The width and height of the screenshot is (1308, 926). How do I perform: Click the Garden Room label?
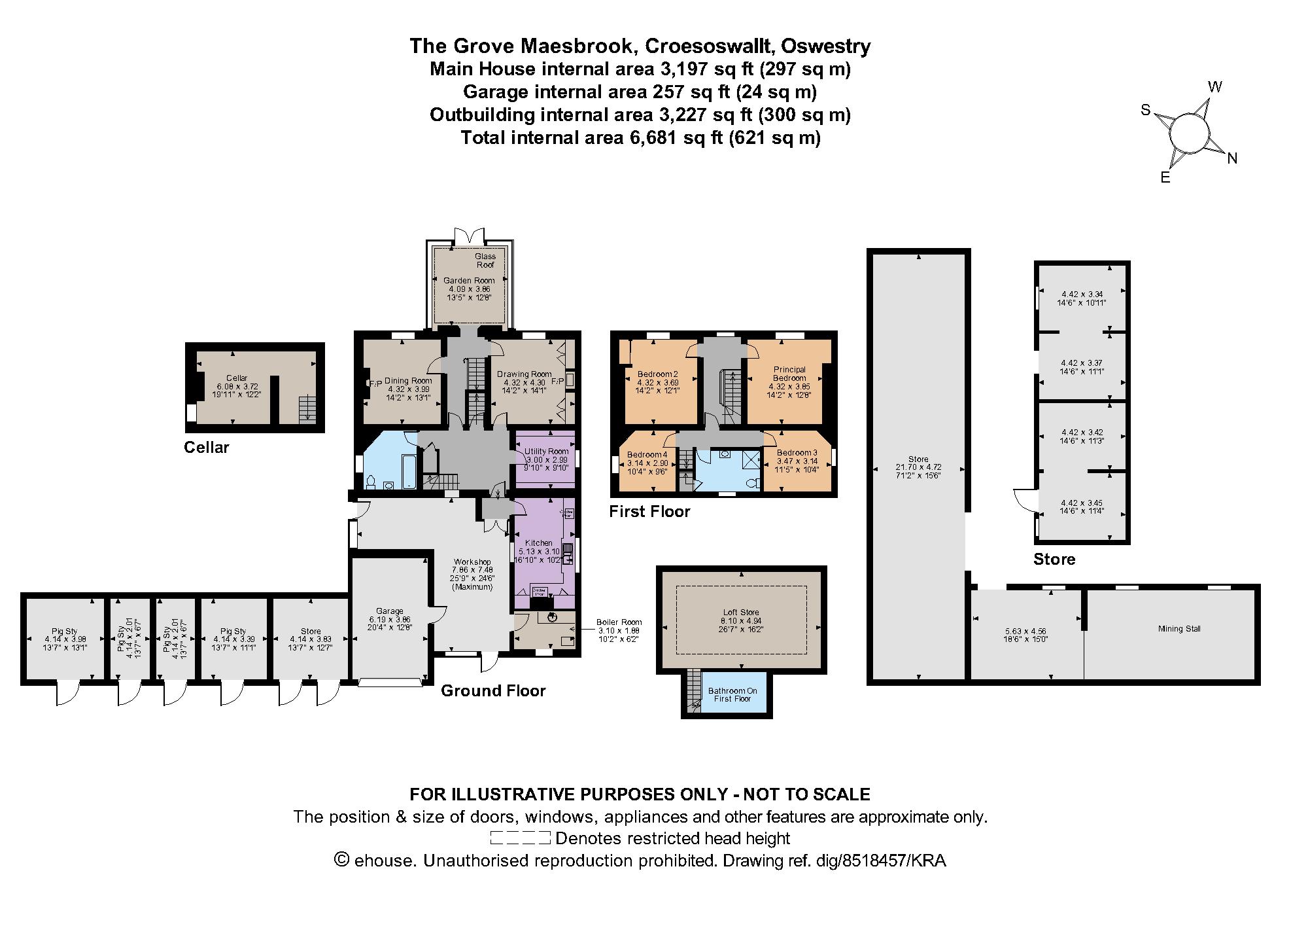469,280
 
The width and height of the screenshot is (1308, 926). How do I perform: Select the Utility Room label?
546,452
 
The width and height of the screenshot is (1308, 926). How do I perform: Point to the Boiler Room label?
619,622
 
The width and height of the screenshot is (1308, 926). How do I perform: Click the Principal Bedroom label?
789,373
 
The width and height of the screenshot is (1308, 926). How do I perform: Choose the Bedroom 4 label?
647,455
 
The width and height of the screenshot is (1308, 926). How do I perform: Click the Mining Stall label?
1179,629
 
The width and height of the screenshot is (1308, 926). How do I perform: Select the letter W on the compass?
1214,87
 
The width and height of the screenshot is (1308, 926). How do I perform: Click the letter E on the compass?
1165,177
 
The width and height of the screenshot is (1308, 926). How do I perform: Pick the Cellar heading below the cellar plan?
207,448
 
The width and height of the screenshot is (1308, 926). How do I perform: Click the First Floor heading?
649,511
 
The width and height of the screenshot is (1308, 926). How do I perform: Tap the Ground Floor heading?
493,690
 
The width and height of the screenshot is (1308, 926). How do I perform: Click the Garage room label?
390,611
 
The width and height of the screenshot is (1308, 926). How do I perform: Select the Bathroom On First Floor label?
732,694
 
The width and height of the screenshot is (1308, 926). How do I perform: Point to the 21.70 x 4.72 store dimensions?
918,467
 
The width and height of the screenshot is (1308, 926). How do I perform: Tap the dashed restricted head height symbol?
520,838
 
